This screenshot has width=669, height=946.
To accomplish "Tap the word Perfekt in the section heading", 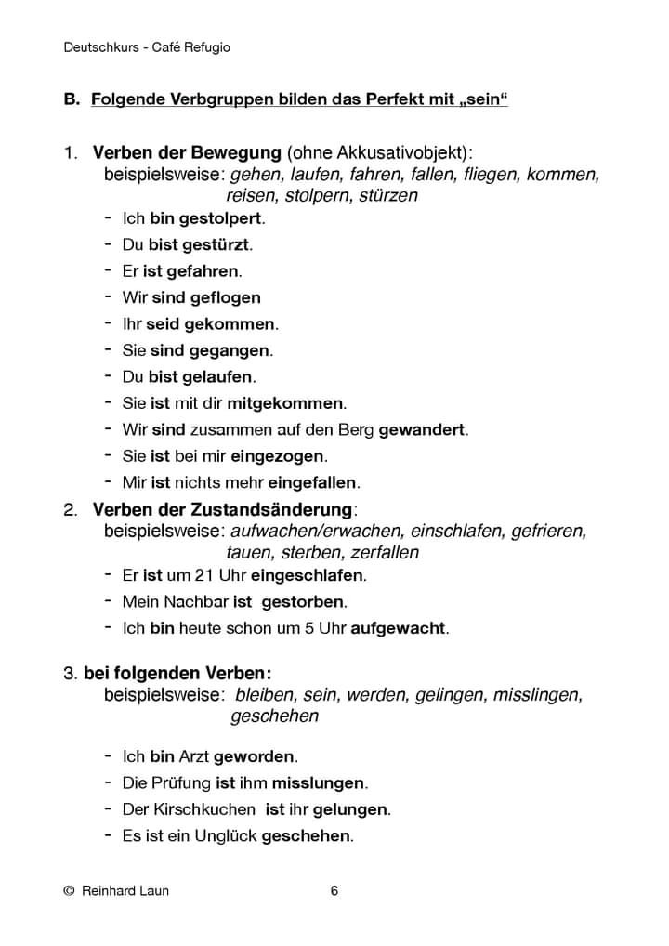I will click(369, 99).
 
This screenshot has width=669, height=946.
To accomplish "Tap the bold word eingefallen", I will click(313, 483).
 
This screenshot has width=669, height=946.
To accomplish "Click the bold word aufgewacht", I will click(399, 629).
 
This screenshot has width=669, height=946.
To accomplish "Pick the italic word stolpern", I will click(319, 196).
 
